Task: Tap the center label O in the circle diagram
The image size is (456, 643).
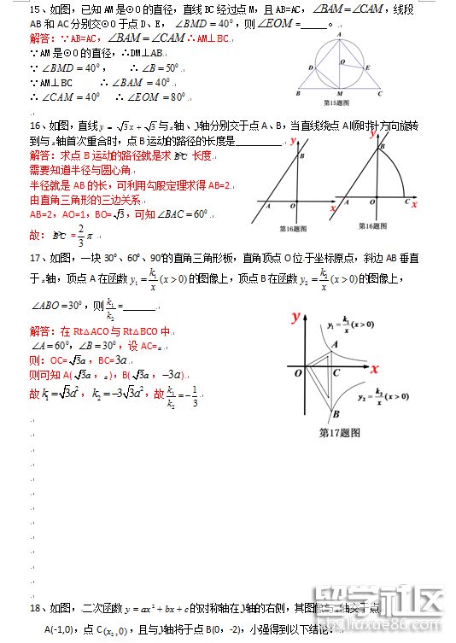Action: pos(343,61)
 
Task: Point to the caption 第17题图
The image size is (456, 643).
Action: pos(340,432)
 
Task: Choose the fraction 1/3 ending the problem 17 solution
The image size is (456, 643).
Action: pos(195,396)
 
